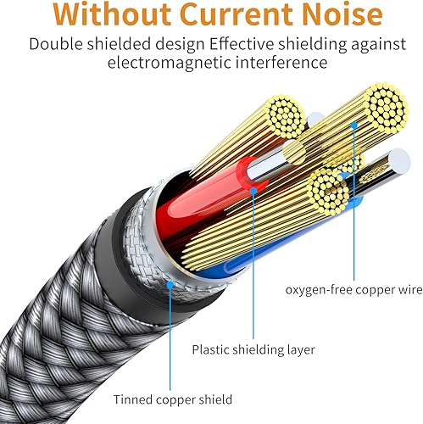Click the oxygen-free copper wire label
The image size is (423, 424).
tap(354, 289)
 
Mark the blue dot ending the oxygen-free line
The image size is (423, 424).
tap(354, 125)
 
